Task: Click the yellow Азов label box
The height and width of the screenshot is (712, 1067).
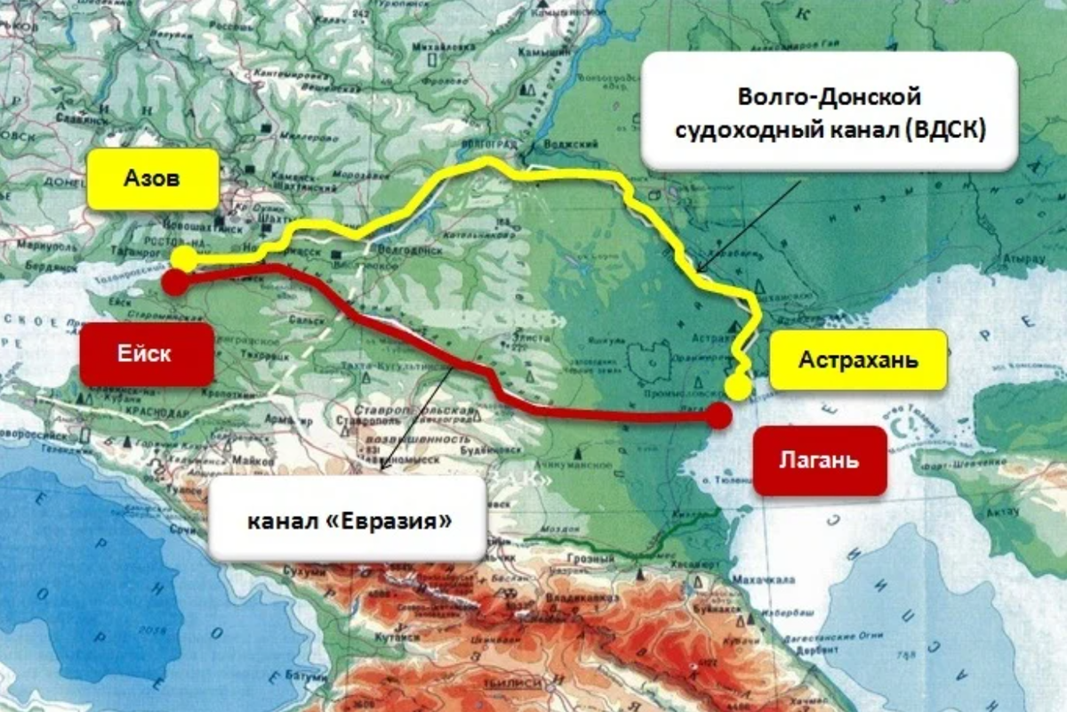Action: click(153, 179)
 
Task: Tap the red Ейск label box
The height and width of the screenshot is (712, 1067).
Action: click(147, 352)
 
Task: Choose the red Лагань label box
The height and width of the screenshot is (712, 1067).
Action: click(819, 461)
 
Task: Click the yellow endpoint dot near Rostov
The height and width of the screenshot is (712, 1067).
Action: click(185, 259)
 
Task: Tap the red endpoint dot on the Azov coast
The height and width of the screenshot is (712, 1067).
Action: click(175, 283)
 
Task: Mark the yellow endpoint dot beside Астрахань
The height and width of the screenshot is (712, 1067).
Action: click(737, 386)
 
